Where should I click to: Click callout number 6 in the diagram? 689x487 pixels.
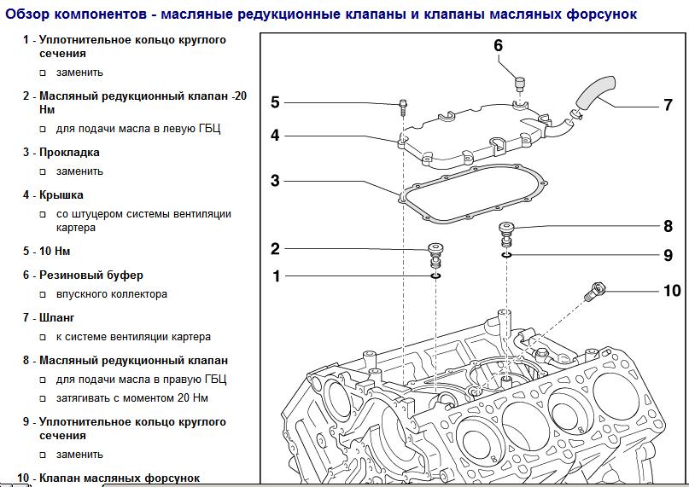[x=499, y=45]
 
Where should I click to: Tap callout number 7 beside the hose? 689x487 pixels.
[x=668, y=106]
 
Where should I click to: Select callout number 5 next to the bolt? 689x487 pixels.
[x=275, y=102]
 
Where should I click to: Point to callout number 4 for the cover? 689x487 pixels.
[x=275, y=135]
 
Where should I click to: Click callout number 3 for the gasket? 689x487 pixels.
[x=275, y=181]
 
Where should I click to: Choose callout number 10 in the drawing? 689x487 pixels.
[x=672, y=291]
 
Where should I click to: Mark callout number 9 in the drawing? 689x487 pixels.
[x=668, y=255]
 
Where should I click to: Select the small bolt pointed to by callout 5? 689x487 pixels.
[x=402, y=109]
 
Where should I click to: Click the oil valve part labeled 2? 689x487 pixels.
[x=436, y=253]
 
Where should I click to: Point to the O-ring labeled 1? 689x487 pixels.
[x=436, y=275]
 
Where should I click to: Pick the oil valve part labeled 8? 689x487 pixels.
[x=506, y=231]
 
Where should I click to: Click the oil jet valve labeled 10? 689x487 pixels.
[x=595, y=292]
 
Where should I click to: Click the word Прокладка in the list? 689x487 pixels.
[x=69, y=153]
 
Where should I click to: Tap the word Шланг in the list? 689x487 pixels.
[x=57, y=318]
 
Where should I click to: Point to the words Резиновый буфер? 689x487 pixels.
[x=91, y=275]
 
